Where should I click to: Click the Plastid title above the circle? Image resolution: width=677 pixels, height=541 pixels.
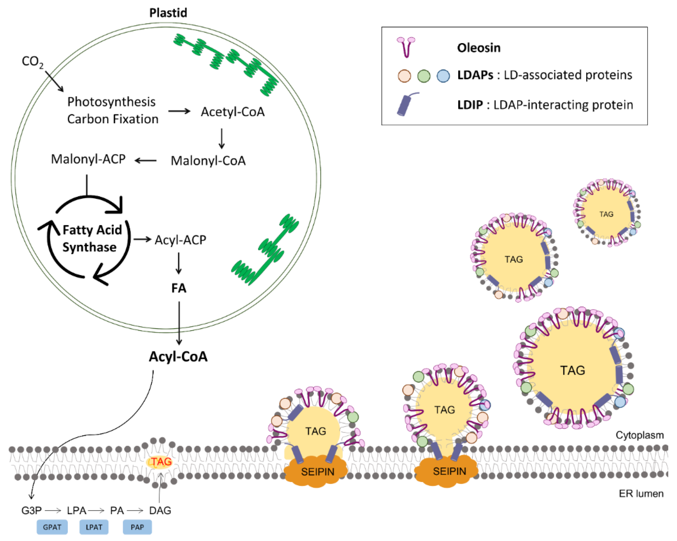[x=168, y=13]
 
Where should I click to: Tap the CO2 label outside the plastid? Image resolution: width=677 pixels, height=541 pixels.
[x=32, y=62]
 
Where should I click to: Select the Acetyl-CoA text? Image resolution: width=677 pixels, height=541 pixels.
[x=233, y=112]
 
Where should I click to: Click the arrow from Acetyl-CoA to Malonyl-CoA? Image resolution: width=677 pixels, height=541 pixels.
[x=222, y=138]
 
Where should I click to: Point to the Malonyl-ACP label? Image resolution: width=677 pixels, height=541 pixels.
[x=88, y=159]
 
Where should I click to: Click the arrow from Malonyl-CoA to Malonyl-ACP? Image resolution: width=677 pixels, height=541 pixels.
[x=146, y=161]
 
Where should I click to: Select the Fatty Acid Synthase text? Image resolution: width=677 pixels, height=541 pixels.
[x=91, y=238]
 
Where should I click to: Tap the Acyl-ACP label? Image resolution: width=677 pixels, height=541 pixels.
[x=180, y=240]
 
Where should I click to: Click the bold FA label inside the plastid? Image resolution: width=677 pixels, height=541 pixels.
[x=179, y=288]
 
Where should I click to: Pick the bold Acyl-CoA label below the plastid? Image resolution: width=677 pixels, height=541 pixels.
[x=178, y=357]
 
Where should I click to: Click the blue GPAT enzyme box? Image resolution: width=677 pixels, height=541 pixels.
[x=52, y=527]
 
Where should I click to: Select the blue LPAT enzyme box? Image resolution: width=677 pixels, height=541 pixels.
[x=94, y=527]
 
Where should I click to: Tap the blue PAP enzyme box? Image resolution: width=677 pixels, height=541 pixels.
[x=137, y=527]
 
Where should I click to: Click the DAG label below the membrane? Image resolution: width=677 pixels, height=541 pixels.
[x=160, y=511]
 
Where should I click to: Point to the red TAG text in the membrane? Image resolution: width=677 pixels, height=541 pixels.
[x=161, y=462]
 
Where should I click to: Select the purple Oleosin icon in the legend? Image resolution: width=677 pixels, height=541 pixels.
[x=406, y=47]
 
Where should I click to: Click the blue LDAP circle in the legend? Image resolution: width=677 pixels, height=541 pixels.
[x=443, y=76]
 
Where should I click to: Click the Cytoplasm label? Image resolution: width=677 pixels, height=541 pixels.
[x=639, y=435]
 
